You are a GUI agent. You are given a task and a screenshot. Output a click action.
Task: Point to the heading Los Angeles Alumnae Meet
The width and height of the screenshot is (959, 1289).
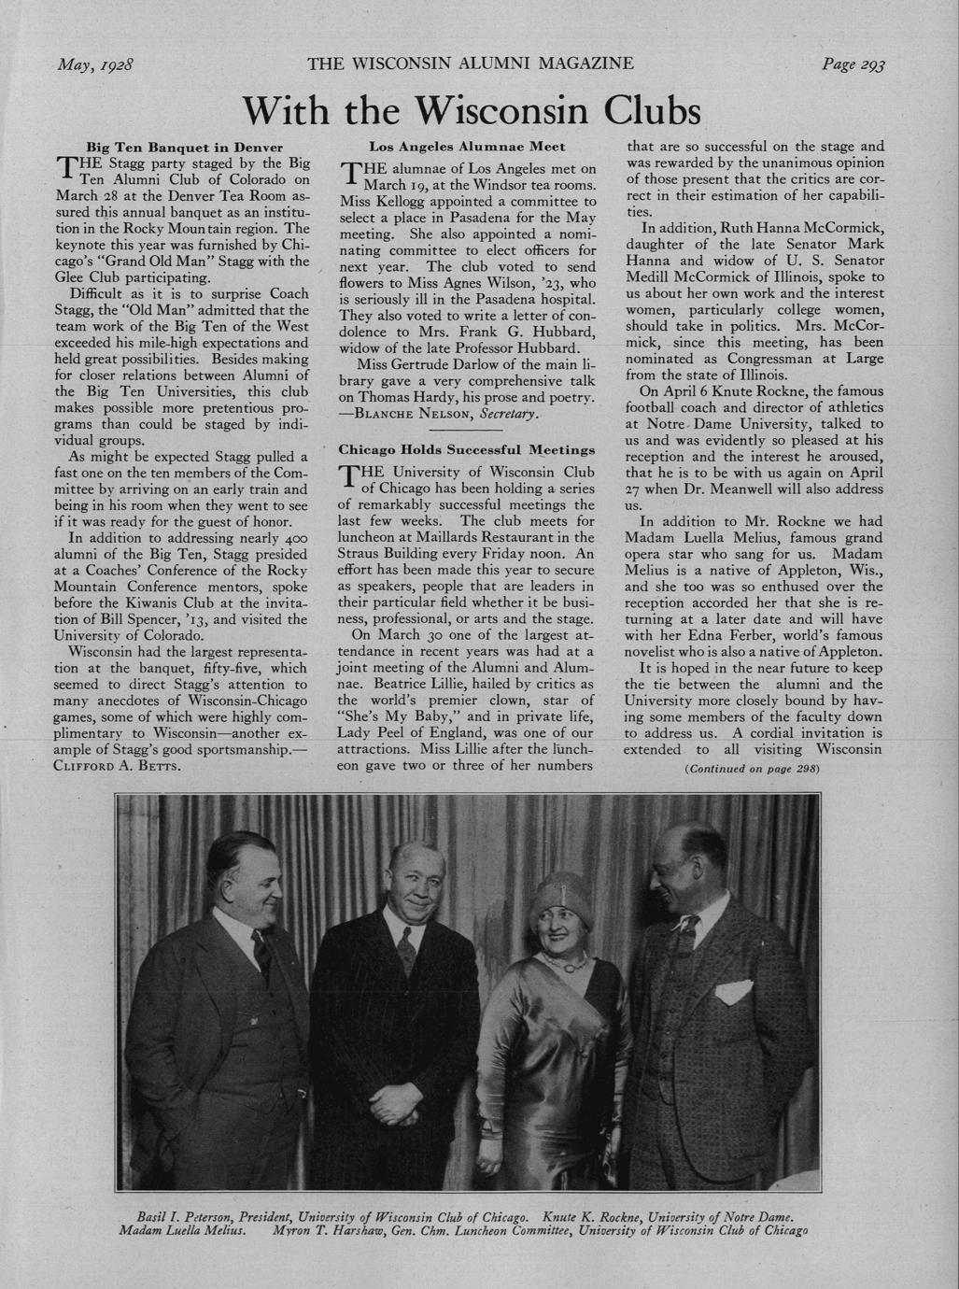[x=467, y=147]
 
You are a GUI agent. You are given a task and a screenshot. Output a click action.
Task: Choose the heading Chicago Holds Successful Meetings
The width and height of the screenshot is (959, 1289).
[x=467, y=450]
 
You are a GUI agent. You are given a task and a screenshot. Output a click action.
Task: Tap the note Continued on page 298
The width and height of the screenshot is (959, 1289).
[x=752, y=769]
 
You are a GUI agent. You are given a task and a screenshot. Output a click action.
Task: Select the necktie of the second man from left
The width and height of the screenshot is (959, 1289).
[x=407, y=951]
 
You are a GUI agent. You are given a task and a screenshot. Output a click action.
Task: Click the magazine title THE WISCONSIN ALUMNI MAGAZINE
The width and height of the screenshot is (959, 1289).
[x=471, y=64]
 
